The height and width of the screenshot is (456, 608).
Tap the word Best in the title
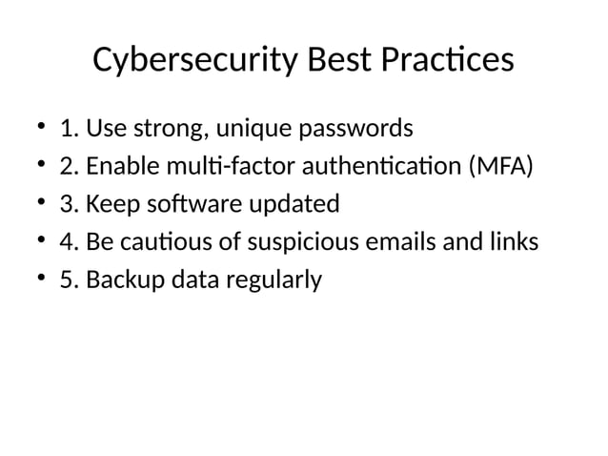click(339, 60)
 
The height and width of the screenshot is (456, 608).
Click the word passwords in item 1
click(365, 128)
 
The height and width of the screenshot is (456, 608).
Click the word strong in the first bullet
click(197, 128)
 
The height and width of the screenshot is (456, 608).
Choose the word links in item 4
click(513, 242)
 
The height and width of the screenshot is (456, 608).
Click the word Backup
click(117, 280)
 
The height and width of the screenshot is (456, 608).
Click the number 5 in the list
click(66, 280)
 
